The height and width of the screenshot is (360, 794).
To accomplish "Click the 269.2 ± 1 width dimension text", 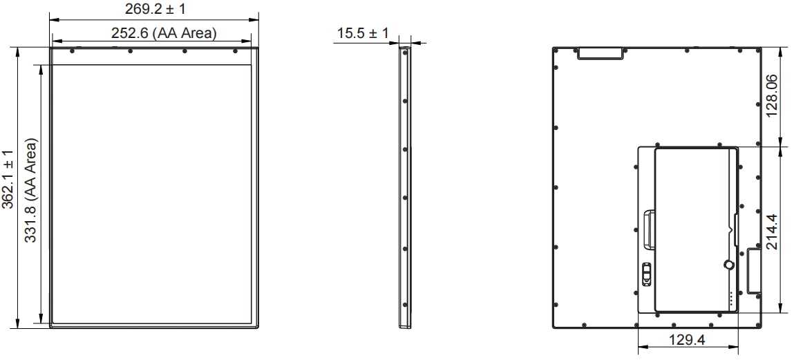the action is coord(155,8).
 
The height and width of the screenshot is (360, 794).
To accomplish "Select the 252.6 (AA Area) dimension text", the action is coord(164,33).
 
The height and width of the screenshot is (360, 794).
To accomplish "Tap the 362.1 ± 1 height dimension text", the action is coord(8,179).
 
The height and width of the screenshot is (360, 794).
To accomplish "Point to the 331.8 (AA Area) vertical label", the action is coord(31,190).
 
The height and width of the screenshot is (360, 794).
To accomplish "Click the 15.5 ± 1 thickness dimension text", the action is coord(363,33).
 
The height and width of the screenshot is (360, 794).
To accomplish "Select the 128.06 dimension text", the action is coord(772,95).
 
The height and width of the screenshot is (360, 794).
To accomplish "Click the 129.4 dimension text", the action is coord(687,340).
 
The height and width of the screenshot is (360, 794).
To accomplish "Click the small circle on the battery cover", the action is coord(728,265).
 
